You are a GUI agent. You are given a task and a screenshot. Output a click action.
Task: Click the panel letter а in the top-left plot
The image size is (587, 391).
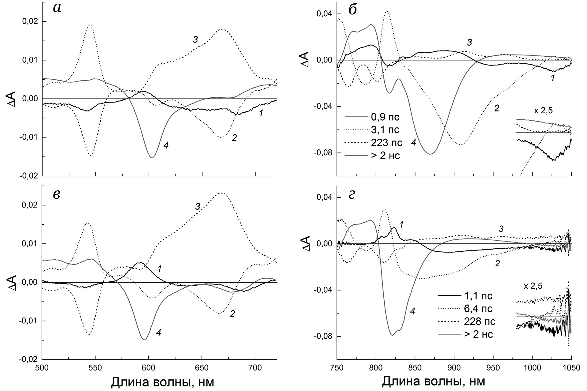57,9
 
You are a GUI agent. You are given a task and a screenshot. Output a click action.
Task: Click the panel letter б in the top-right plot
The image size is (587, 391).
353,9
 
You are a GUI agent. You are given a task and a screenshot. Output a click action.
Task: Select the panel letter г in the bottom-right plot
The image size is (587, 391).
352,195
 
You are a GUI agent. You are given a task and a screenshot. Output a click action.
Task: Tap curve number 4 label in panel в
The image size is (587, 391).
159,333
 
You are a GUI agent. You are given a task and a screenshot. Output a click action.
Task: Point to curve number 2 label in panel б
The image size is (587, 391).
497,108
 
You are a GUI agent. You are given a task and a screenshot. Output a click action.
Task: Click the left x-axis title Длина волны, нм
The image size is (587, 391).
162,382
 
